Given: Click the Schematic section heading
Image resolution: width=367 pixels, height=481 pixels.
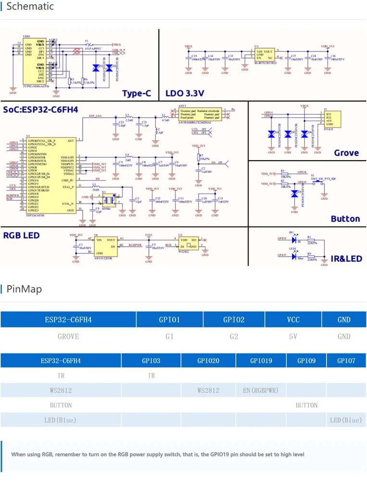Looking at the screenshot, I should coord(30,7).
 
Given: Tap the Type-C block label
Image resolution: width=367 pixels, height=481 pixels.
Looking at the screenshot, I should coord(137,93).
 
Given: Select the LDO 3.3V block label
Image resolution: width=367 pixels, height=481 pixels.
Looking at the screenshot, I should coord(185,93).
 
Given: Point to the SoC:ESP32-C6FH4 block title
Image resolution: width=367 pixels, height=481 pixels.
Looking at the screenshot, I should coord(40,110).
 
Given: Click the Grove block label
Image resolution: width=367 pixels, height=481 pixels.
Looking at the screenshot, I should coord(346,153).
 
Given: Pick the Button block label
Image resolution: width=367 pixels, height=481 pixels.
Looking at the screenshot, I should coord(345,219).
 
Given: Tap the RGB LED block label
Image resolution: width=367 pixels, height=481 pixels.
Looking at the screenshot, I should coord(21,236).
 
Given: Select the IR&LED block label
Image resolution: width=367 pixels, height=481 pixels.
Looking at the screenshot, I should coord(346,259).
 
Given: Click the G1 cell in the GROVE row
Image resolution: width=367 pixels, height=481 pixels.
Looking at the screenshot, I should coord(169,336).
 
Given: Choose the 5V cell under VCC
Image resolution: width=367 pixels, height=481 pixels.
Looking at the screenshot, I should coord(293,336).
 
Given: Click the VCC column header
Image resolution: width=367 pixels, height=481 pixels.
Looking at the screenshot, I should coord(293,319).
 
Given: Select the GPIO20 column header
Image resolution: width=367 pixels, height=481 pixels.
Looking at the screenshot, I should coord(208,360).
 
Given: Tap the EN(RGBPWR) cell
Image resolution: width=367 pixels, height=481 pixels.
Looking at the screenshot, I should coord(261,390).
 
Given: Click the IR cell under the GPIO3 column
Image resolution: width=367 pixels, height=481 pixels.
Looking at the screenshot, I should coord(151,375).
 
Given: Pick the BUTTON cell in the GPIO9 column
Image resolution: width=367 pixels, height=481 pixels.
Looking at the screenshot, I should coord(306,405).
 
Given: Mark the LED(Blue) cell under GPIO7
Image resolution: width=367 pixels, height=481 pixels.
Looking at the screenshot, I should coord(346,420).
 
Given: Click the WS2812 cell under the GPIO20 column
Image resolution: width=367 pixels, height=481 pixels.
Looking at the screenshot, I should coord(208,390).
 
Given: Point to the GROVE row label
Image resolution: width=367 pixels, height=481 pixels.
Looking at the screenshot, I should coord(68,336).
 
